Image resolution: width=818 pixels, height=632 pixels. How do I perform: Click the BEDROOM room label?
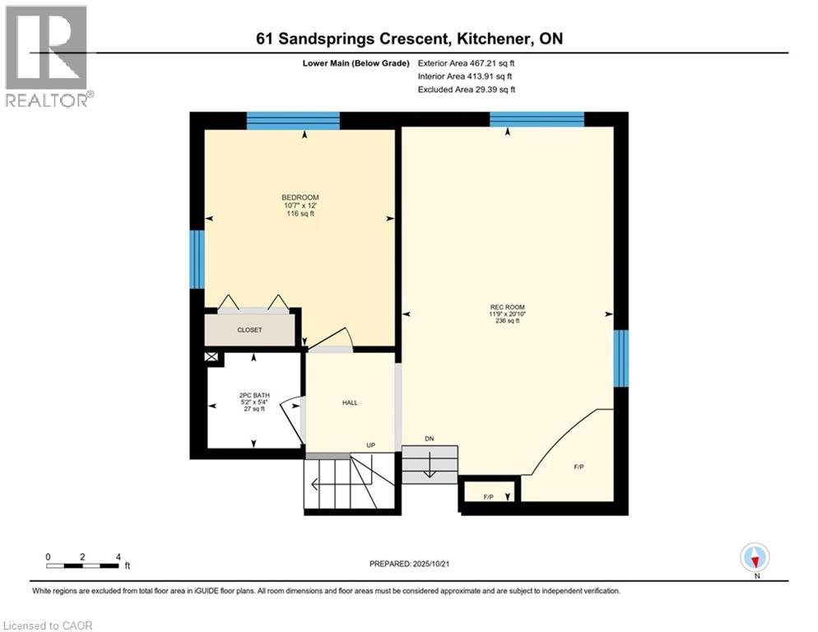pos(300,197)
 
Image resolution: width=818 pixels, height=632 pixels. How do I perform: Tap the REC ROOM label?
pos(507,308)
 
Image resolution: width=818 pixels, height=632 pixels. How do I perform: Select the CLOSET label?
pos(249,330)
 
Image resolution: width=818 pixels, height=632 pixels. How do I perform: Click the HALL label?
pos(350,403)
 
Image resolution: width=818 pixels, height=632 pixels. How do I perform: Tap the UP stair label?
pos(370,445)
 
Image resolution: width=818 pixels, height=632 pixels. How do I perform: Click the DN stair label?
pos(429,439)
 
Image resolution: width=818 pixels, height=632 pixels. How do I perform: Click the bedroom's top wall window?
pos(293,120)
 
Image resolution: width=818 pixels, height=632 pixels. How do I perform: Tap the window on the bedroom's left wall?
pos(197,259)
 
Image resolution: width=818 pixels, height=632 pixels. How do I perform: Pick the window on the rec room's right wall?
pos(621,358)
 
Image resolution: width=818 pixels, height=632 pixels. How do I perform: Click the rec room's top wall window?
pos(537,119)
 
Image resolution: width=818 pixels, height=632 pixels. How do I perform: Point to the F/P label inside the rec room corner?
pos(579,467)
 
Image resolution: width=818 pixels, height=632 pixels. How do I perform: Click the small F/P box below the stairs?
pos(489,496)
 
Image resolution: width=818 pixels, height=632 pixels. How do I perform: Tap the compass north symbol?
pos(755,557)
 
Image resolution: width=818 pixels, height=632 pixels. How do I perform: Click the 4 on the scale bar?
pos(119,556)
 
